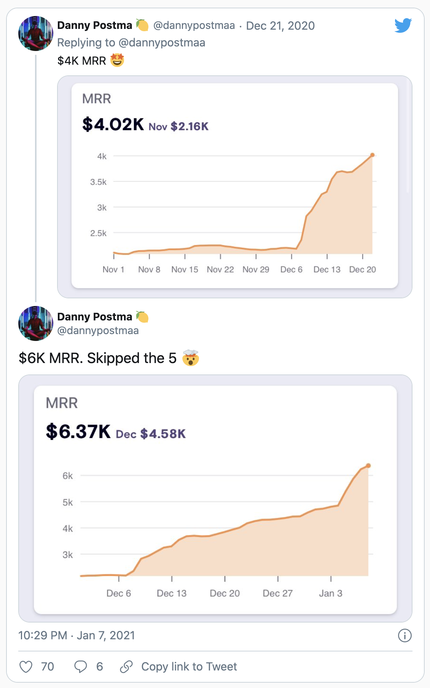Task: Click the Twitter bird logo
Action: coord(403,25)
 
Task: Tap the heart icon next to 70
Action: coord(26,667)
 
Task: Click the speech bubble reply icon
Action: coord(80,667)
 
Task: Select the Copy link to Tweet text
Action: coord(189,667)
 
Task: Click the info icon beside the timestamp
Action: coord(405,635)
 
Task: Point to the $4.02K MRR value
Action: coord(113,124)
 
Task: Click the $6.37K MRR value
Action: coord(78,432)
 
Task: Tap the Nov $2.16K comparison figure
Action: coord(178,126)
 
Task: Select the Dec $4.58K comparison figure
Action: coord(151,434)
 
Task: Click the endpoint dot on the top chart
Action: coord(373,155)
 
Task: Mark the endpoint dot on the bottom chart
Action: coord(368,466)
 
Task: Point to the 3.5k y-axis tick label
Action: coord(98,182)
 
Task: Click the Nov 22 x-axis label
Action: coord(220,269)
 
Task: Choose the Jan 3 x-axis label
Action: coord(331,593)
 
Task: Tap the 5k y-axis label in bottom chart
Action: coord(68,502)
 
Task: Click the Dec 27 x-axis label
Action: coord(278,593)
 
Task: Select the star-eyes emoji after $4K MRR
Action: coord(117,60)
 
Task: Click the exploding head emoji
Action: coord(190,358)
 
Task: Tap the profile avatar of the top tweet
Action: coord(36,33)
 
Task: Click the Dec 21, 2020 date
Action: coord(280,26)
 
